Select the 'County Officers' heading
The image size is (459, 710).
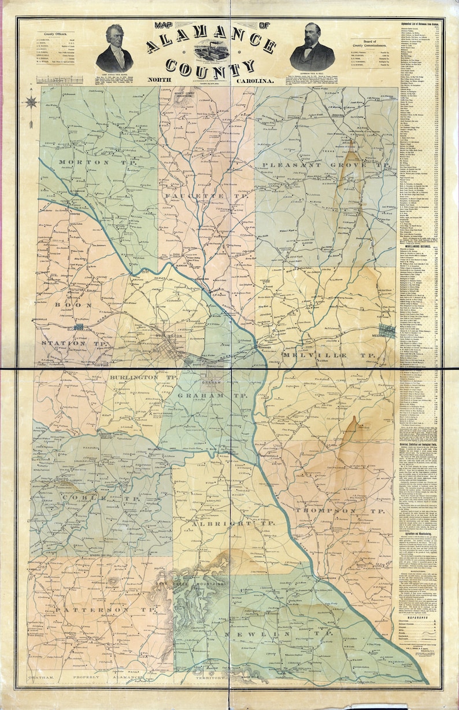[55, 35]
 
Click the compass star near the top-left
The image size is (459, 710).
[32, 102]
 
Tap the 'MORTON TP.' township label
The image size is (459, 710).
[84, 163]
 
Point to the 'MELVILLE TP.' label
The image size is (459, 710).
[332, 354]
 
